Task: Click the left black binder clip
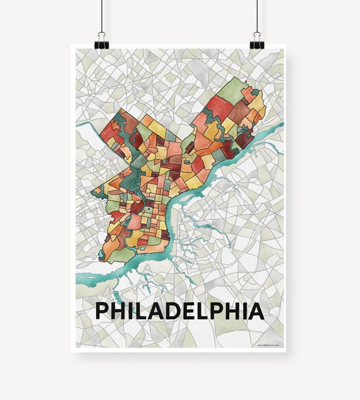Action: [x=102, y=41]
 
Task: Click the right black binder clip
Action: [x=256, y=41]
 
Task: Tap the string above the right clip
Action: [x=257, y=16]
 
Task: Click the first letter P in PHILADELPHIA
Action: [x=101, y=311]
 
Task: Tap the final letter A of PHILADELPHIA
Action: [x=256, y=311]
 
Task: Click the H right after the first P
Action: [x=117, y=311]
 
